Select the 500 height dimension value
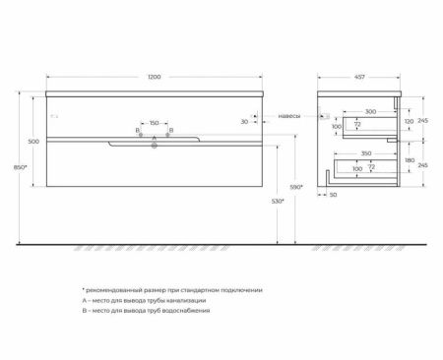coord(32,142)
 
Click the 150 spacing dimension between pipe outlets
coord(154,124)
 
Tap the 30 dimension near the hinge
coord(244,122)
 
